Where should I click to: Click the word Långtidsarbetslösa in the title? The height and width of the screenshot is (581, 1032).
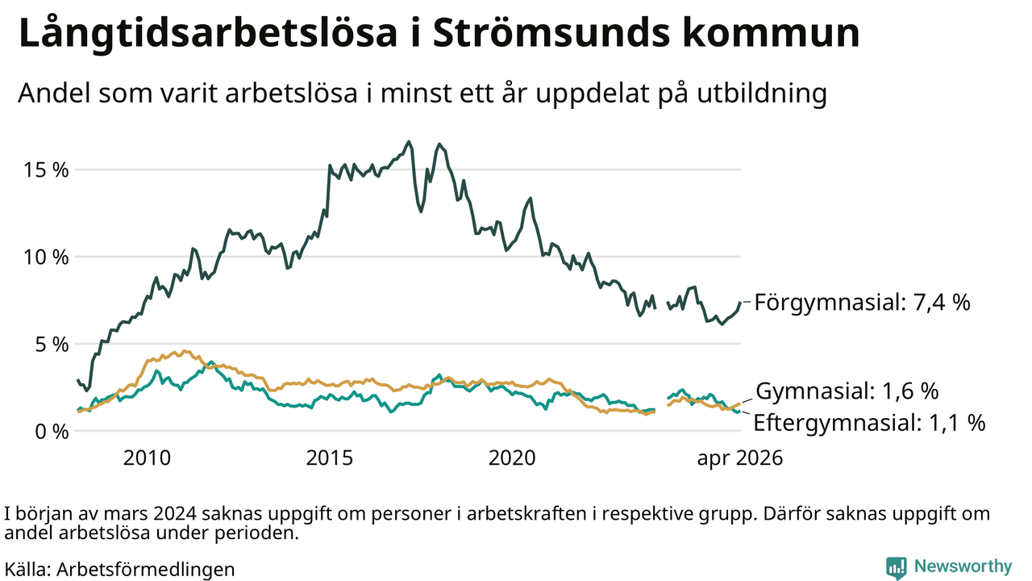pos(208,34)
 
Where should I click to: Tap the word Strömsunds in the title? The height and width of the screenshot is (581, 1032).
pos(551,33)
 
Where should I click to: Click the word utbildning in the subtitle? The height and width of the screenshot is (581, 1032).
pos(762,94)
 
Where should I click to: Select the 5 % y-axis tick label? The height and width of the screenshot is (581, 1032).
pos(52,345)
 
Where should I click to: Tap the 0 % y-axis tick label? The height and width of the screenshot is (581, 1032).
pos(52,432)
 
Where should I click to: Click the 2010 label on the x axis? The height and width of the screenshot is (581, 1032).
pos(147,458)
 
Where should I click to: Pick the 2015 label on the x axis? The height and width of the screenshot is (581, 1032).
pos(330,458)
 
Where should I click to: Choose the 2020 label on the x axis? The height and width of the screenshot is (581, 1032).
pos(512,458)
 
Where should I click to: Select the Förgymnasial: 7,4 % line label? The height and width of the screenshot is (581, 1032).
pos(863,303)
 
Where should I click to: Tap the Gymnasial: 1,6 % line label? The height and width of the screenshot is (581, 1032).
pos(847,391)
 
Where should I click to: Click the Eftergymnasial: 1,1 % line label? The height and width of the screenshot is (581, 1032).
pos(869,423)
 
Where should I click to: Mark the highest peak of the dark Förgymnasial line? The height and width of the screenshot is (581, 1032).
pos(409,141)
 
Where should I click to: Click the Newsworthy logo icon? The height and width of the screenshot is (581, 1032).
pos(896,567)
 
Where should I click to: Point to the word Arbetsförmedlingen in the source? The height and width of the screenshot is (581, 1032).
pos(146,570)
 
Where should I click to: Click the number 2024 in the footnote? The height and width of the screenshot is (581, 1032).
pos(175,514)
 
